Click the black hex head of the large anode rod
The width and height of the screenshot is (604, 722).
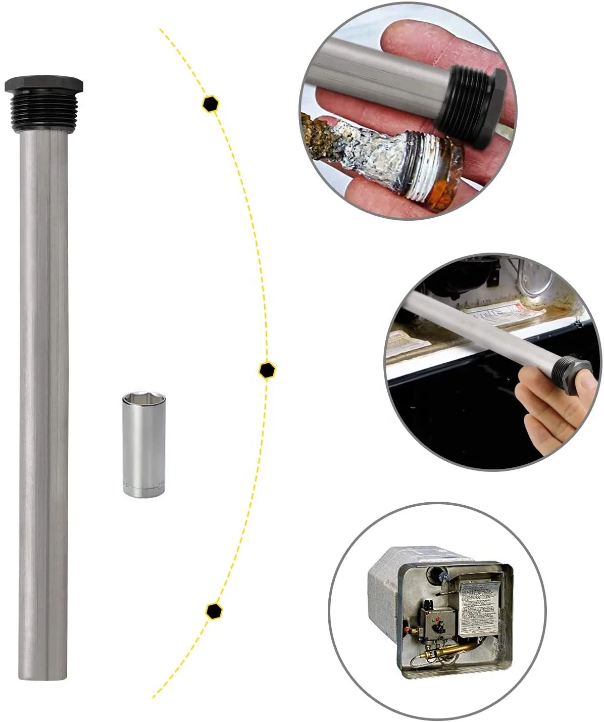[x=44, y=84]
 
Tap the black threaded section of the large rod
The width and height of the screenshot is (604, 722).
[x=44, y=104]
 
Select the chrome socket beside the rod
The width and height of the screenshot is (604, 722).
[x=144, y=444]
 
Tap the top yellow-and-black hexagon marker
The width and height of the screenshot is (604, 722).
[x=210, y=104]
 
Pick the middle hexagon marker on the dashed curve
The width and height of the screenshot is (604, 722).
[x=267, y=370]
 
